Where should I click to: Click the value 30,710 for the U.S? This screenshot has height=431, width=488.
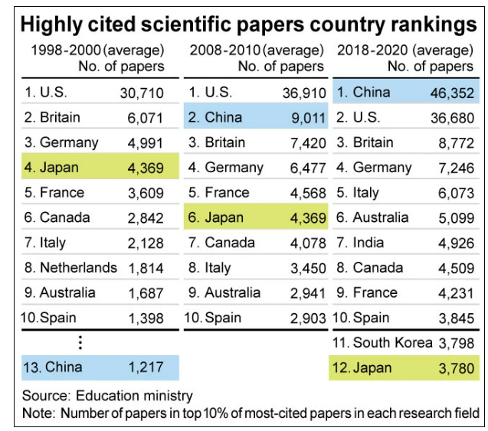142,93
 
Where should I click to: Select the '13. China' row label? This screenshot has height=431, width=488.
53,367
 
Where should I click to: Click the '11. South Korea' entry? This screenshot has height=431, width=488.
380,342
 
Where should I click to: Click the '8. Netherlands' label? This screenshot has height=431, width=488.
70,268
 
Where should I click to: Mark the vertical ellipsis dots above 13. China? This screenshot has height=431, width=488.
80,342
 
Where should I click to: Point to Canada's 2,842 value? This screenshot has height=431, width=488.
144,218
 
